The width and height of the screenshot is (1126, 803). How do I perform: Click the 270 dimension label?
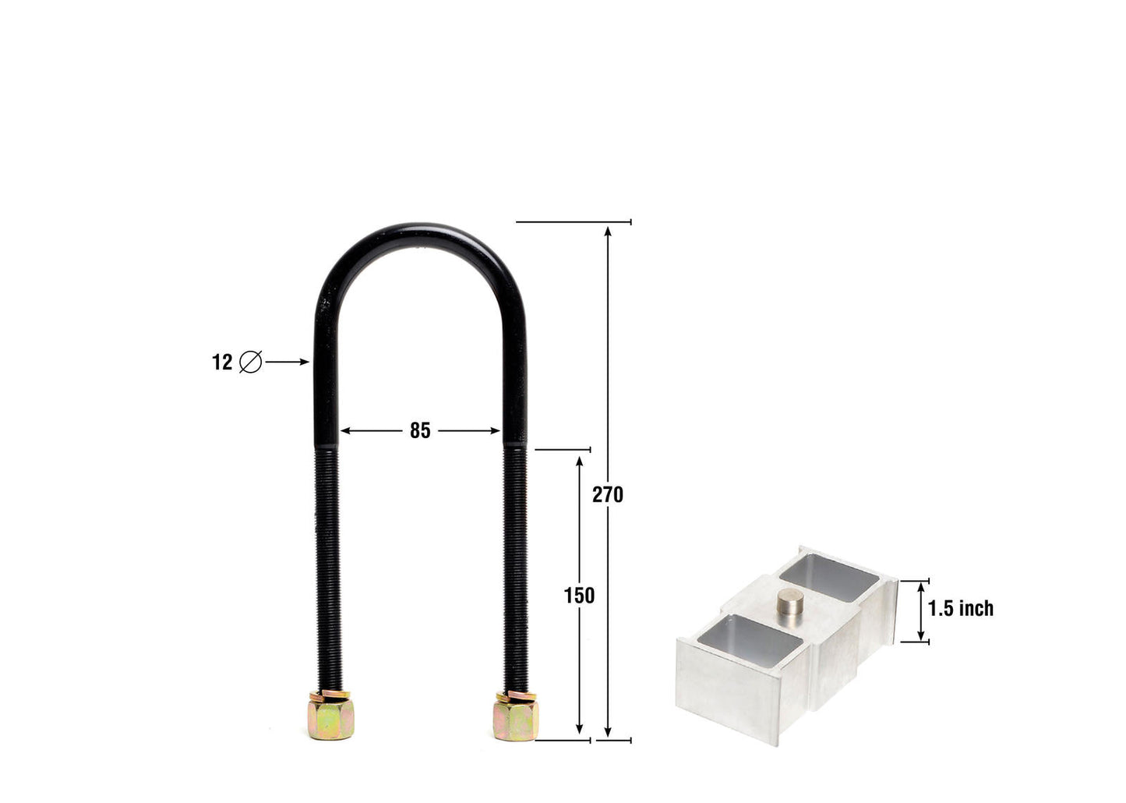(x=607, y=494)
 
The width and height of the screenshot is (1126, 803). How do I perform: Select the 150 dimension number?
(x=579, y=596)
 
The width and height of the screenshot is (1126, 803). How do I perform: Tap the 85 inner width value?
(x=420, y=430)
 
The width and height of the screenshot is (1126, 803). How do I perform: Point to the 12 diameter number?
(x=222, y=363)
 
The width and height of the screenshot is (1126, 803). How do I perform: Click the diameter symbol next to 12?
(x=250, y=363)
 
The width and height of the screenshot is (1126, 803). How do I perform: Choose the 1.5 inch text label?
(x=961, y=608)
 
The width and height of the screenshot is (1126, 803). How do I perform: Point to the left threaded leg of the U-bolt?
(x=328, y=569)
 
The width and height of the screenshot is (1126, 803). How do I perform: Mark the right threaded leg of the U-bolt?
(x=515, y=569)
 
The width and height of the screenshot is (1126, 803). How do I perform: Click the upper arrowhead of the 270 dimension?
(x=608, y=229)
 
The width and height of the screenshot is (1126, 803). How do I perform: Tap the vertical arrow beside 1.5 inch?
(x=921, y=611)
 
